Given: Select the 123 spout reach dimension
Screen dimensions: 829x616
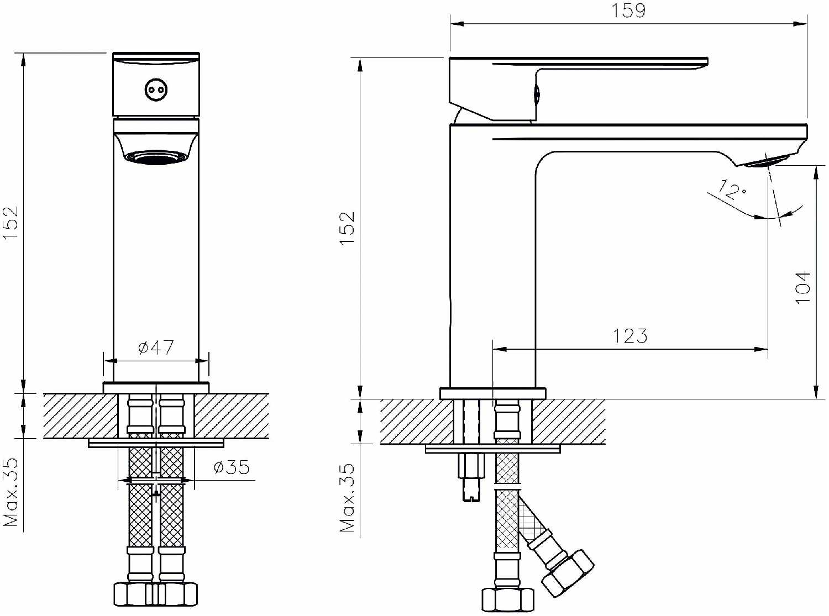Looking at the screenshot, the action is click(x=630, y=336).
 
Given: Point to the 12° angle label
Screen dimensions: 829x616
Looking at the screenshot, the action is click(x=732, y=191).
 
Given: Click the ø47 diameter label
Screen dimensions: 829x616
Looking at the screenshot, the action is click(x=156, y=348).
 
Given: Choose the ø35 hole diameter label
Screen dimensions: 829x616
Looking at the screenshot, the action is click(x=232, y=467).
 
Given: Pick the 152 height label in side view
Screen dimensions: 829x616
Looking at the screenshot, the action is click(x=347, y=228).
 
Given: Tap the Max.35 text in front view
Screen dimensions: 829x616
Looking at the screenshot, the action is click(x=11, y=492).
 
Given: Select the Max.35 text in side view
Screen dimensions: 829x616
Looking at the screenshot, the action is click(x=347, y=498).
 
